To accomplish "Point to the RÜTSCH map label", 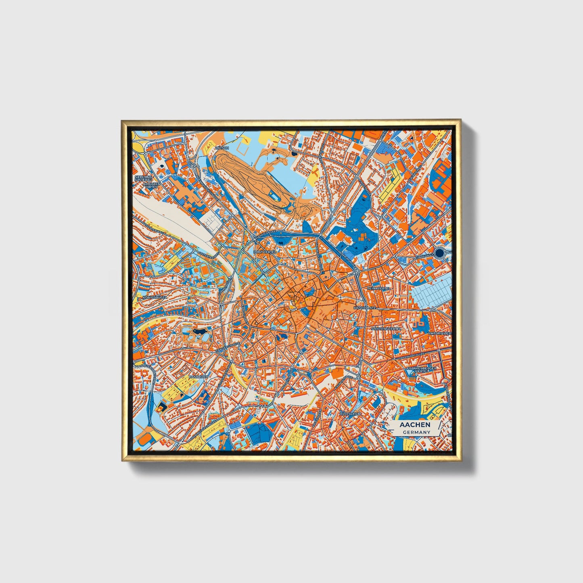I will point(222,148).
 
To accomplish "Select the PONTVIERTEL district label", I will point(265,251).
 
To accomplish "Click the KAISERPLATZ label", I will point(365,308).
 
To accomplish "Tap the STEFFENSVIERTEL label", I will point(387,329).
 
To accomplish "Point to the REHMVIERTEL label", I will point(378,289).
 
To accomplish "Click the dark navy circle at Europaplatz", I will point(440,253).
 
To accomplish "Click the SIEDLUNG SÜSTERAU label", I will point(143,178).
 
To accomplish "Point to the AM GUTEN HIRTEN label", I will point(152,186).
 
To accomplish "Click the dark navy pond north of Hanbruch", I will point(199,331).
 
